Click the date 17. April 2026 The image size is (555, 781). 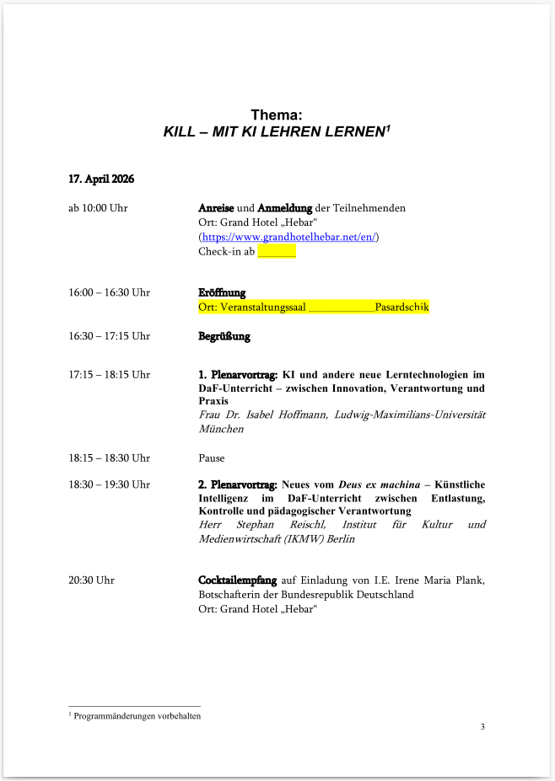[x=102, y=179]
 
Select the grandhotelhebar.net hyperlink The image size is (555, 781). [x=290, y=238]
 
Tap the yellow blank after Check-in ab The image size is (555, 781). [x=277, y=251]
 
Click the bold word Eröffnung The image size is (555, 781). [x=222, y=292]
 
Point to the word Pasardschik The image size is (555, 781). [x=402, y=307]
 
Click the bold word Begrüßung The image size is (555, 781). [x=224, y=336]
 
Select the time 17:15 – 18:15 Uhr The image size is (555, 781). [x=110, y=375]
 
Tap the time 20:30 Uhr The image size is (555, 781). [x=92, y=580]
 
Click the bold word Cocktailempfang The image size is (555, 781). [x=237, y=580]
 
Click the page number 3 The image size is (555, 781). [x=482, y=727]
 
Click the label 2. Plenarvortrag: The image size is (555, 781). [x=238, y=484]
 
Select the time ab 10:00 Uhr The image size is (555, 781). [x=99, y=208]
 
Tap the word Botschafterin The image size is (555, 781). [x=231, y=594]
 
